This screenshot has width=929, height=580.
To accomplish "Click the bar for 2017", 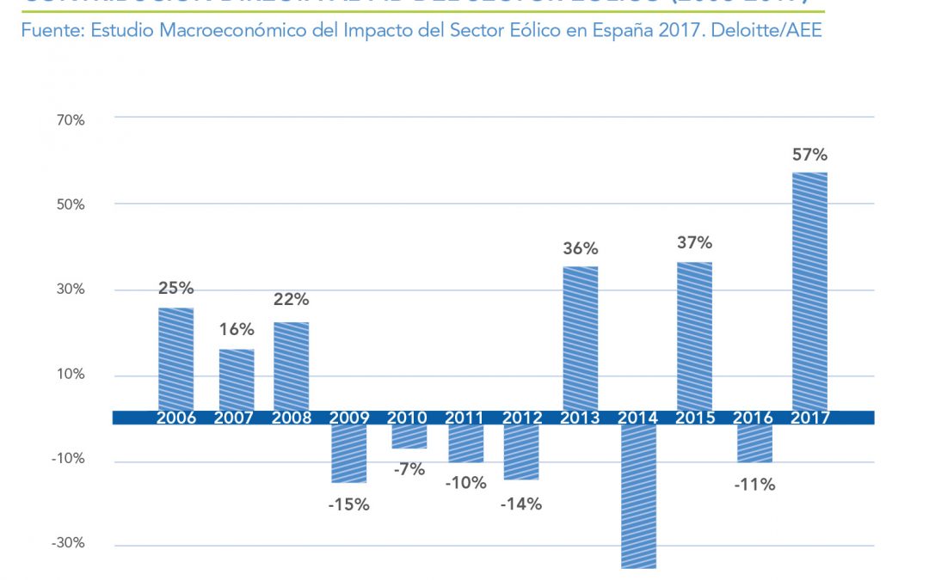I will pyautogui.click(x=809, y=291).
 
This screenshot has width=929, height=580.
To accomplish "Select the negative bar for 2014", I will pyautogui.click(x=638, y=496).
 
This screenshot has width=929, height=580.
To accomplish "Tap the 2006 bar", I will pyautogui.click(x=176, y=358).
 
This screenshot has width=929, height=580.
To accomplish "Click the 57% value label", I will pyautogui.click(x=809, y=156).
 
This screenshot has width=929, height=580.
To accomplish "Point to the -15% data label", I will pyautogui.click(x=348, y=505).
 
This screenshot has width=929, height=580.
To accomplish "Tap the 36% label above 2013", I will pyautogui.click(x=581, y=249).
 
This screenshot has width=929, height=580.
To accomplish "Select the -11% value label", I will pyautogui.click(x=754, y=485).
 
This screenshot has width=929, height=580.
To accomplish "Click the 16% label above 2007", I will pyautogui.click(x=236, y=329).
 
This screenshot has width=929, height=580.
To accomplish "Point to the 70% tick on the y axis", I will pyautogui.click(x=71, y=120).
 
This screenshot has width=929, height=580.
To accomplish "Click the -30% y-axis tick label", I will pyautogui.click(x=68, y=544).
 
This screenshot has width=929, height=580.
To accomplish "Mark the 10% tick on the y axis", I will pyautogui.click(x=71, y=375).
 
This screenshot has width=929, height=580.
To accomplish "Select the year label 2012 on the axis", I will pyautogui.click(x=522, y=418).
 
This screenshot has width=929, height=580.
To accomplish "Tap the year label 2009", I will pyautogui.click(x=349, y=418).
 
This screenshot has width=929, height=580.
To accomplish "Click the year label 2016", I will pyautogui.click(x=753, y=418).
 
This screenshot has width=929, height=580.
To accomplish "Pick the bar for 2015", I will pyautogui.click(x=694, y=336).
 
